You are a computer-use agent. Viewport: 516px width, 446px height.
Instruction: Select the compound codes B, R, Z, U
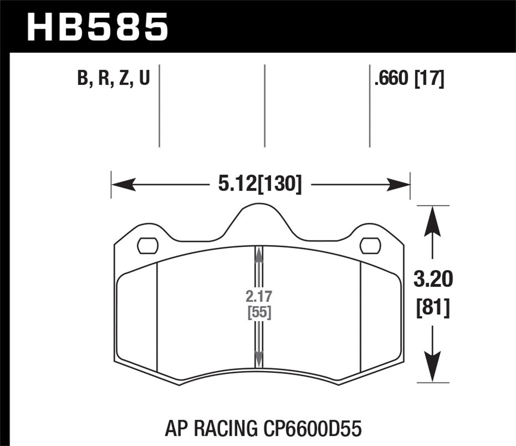(x=114, y=79)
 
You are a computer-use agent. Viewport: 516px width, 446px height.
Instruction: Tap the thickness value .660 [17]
(x=409, y=79)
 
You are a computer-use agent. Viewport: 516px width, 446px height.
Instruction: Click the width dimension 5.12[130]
(x=260, y=185)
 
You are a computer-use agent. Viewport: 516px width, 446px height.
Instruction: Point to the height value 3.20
(x=433, y=280)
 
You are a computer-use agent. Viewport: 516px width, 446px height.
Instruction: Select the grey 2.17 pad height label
(x=258, y=296)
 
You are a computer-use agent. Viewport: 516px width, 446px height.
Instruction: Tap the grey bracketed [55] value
(x=258, y=312)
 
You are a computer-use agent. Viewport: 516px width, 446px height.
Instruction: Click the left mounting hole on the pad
(x=148, y=246)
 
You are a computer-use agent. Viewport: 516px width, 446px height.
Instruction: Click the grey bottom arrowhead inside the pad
(x=258, y=358)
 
